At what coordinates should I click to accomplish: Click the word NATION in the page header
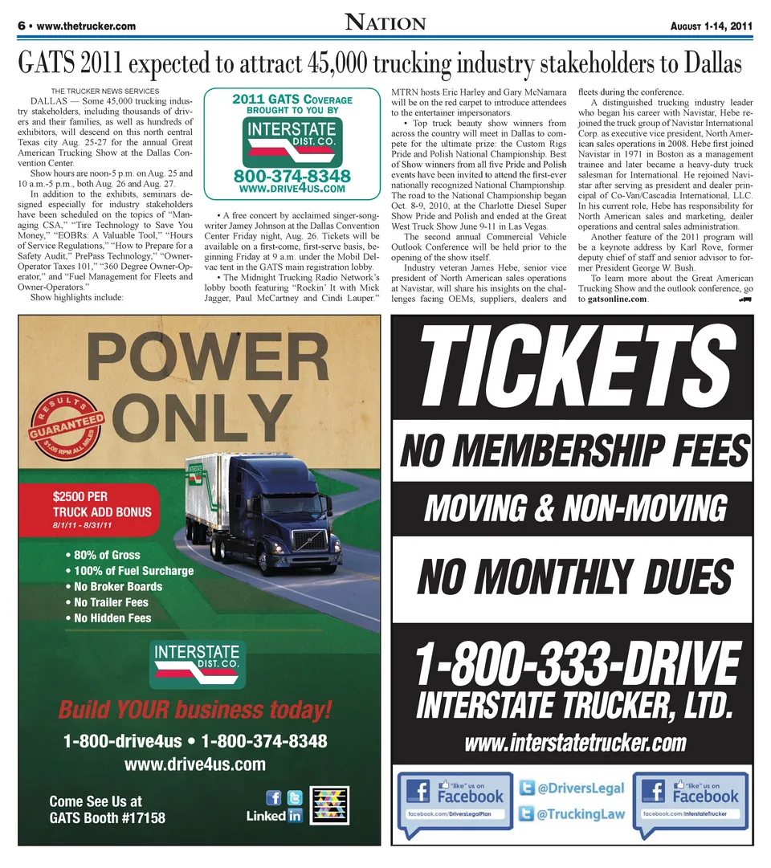385,23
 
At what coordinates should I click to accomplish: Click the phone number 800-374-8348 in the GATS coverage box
292,176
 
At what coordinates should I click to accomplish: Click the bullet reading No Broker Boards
117,586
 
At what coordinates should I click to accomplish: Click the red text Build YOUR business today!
194,710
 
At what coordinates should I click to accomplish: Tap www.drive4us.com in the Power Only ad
194,763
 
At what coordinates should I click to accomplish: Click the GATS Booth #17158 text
107,818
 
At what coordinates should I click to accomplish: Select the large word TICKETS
571,366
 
